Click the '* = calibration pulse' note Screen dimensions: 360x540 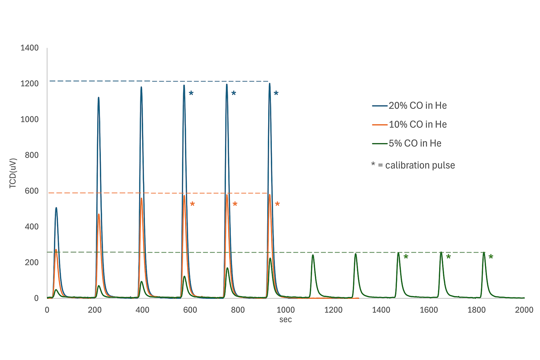[x=413, y=165]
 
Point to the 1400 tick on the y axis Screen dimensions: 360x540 [x=30, y=48]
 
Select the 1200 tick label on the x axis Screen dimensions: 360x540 [x=333, y=310]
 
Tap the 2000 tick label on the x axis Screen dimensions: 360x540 [x=524, y=310]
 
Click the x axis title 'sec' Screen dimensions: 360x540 [x=285, y=320]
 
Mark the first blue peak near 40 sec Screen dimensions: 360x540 [x=56, y=208]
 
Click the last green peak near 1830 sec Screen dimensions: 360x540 [x=484, y=252]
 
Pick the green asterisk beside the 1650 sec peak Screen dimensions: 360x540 [x=448, y=257]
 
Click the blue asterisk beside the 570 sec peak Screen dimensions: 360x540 [x=191, y=94]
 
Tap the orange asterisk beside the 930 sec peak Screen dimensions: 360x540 [x=277, y=205]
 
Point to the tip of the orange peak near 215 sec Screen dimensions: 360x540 [x=99, y=215]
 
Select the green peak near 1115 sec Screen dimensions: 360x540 [x=313, y=255]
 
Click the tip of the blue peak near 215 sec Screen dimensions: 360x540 [x=98, y=98]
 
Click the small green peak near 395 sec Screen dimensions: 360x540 [x=141, y=282]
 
